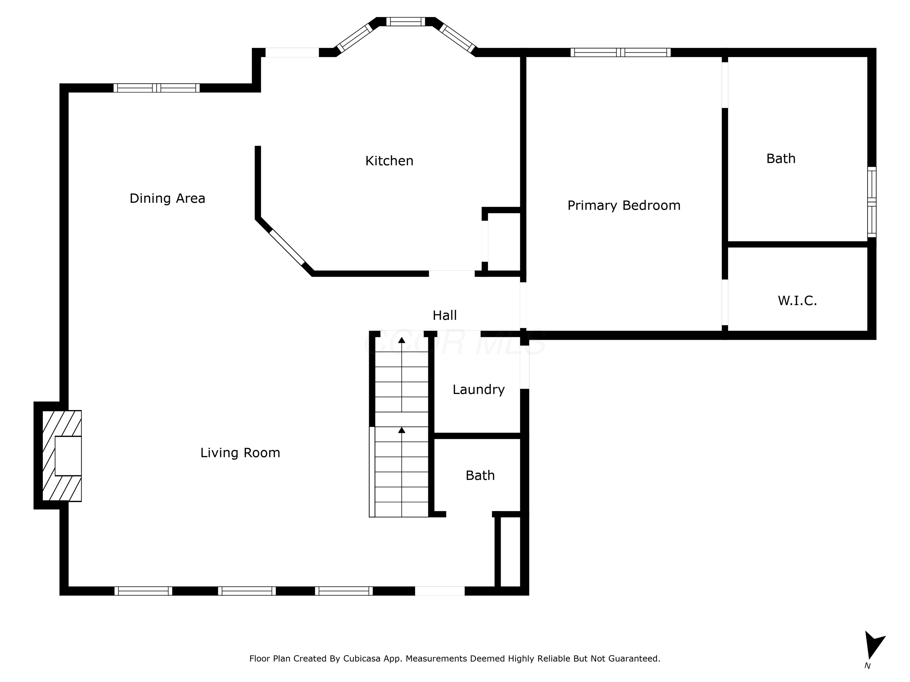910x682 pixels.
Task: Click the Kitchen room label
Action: [389, 161]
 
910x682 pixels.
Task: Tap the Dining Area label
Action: [167, 199]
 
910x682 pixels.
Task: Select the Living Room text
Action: [240, 453]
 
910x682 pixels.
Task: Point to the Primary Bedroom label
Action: [624, 206]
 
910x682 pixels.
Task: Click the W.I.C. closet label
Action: [797, 300]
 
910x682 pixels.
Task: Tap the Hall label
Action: [445, 315]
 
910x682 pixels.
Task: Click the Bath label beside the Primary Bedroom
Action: [781, 159]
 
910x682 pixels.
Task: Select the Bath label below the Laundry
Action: [480, 475]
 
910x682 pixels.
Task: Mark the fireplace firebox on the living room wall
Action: [68, 456]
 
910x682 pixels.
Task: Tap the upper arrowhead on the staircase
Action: [402, 340]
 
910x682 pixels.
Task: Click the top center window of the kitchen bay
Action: [406, 22]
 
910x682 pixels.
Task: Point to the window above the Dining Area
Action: [156, 88]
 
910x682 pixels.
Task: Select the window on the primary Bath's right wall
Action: [872, 202]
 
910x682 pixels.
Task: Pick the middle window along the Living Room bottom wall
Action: [247, 591]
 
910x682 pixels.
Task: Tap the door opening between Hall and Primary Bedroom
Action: [523, 305]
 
